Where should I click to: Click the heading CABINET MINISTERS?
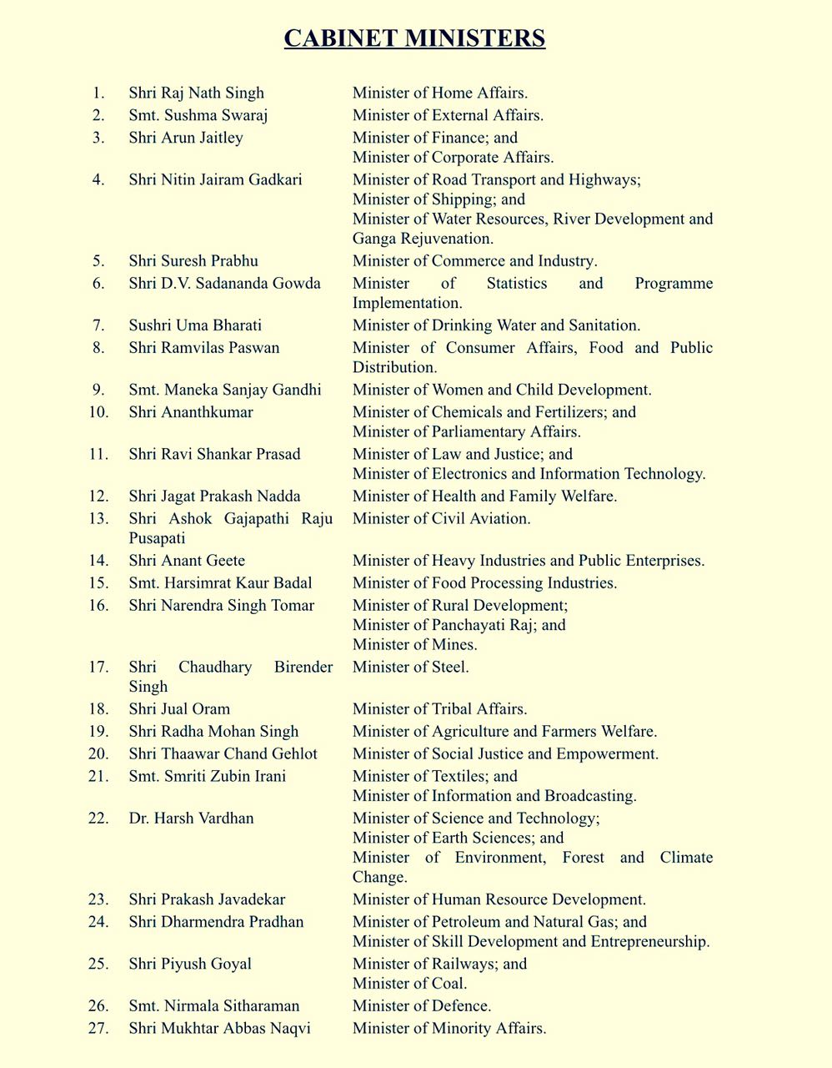coord(414,38)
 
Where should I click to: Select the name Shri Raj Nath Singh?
coord(196,93)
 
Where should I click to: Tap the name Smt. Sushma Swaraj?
coord(198,115)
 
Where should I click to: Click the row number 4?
coord(98,179)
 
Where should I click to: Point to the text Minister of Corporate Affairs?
coord(453,157)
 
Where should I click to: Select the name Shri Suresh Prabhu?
coord(193,260)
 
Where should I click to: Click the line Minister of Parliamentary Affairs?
coord(466,431)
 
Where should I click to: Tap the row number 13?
coord(98,518)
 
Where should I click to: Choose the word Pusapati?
coord(157,538)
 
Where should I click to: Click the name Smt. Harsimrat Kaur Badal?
coord(220,582)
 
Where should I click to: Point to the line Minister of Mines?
coord(414,644)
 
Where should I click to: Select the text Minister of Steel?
coord(410,667)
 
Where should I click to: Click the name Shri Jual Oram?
coord(179,708)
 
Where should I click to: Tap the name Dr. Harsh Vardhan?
coord(191,818)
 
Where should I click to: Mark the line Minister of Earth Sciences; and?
coord(458,838)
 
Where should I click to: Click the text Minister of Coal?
coord(409,983)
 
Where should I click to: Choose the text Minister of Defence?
coord(421,1005)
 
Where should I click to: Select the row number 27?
coord(98,1028)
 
